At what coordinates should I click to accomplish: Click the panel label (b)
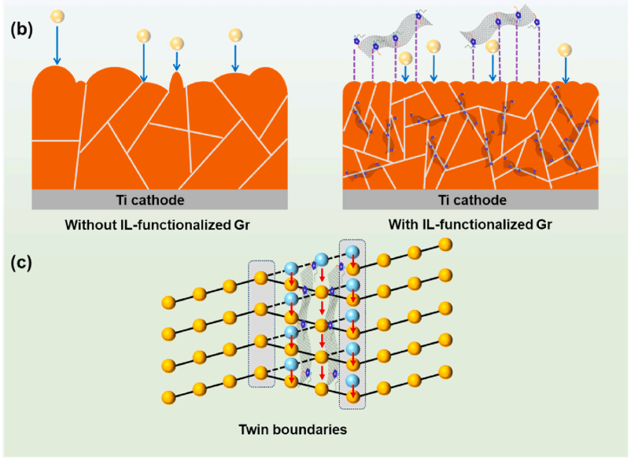point(21,31)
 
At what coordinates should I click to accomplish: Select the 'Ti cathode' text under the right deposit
point(470,200)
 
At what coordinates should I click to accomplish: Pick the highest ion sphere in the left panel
point(56,17)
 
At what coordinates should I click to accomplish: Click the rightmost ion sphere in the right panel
point(564,50)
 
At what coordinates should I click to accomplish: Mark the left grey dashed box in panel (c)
point(262,323)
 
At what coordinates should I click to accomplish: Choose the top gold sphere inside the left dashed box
point(260,276)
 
